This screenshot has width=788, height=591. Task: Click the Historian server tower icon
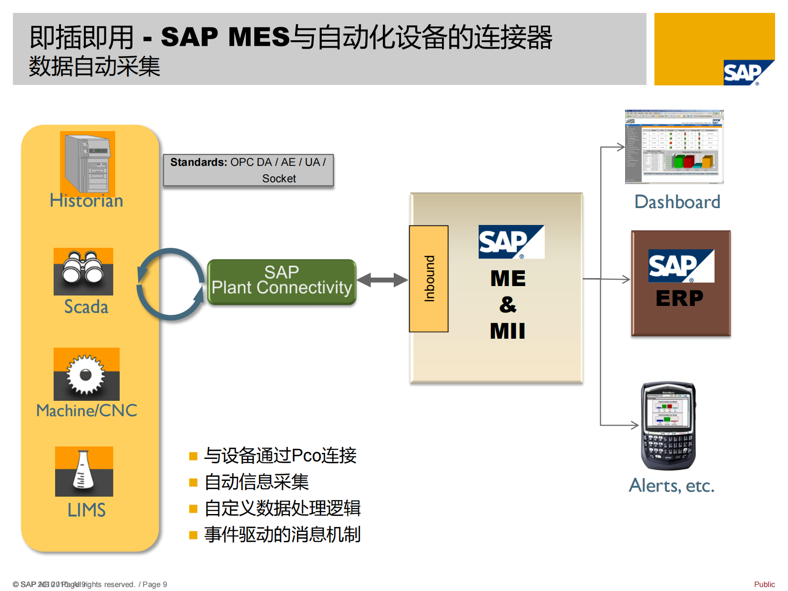click(x=87, y=162)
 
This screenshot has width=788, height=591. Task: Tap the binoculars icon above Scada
click(x=83, y=271)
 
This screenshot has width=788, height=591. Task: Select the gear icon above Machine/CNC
click(x=86, y=374)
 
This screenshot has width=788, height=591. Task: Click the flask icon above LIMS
click(x=84, y=471)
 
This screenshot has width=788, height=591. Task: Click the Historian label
click(x=86, y=201)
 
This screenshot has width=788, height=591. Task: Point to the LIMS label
click(x=86, y=510)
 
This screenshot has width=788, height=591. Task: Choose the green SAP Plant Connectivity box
click(x=282, y=281)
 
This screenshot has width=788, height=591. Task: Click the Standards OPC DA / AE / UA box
click(x=248, y=170)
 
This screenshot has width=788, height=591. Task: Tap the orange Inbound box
click(x=429, y=279)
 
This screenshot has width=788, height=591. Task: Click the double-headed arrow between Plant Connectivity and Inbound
click(x=382, y=280)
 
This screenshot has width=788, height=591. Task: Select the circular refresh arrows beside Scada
click(x=170, y=284)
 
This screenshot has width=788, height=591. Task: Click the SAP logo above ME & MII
click(x=511, y=242)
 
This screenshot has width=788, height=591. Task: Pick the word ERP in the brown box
click(x=679, y=298)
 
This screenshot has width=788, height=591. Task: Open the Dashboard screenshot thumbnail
click(x=674, y=147)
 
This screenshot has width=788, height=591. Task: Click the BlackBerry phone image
click(x=668, y=426)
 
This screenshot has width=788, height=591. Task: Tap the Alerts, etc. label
click(x=671, y=485)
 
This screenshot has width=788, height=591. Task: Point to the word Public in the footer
click(x=764, y=585)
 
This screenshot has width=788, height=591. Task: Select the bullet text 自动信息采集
click(x=257, y=482)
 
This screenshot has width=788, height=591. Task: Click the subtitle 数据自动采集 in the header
click(x=94, y=67)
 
